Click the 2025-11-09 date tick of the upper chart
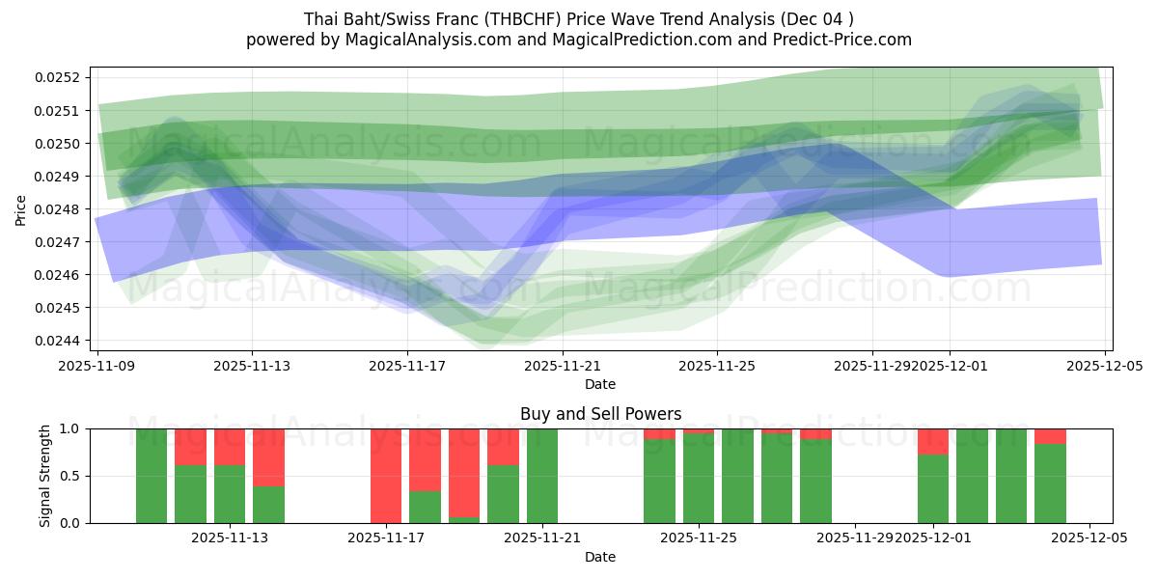[97, 366]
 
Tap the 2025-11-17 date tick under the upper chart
[407, 366]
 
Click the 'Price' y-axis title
[21, 209]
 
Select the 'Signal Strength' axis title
[45, 476]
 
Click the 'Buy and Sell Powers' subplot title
[600, 414]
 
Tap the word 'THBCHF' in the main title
[513, 18]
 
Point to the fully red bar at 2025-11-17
[386, 476]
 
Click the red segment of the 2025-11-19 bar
[464, 471]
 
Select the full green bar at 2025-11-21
[542, 476]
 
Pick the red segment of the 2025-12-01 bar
[933, 441]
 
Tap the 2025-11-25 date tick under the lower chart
[699, 538]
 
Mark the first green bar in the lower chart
[152, 476]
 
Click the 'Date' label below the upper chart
[599, 384]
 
